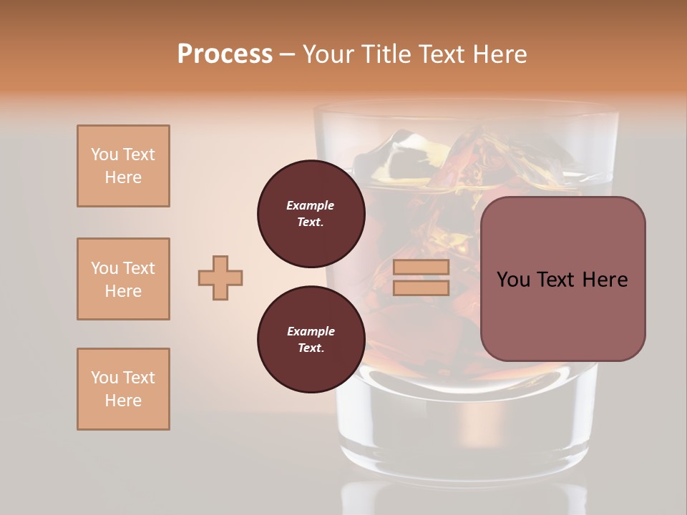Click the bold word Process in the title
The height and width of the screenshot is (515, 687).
tap(225, 54)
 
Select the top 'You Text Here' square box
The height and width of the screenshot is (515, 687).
tap(123, 166)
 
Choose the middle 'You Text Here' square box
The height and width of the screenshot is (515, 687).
tap(123, 279)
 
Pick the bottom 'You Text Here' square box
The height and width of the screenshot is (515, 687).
tap(123, 389)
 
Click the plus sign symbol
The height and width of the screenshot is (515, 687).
tap(220, 278)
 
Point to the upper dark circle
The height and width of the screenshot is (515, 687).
tap(311, 214)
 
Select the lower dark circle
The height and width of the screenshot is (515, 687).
tap(311, 339)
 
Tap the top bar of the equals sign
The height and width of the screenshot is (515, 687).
tap(422, 268)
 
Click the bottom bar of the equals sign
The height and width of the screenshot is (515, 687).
tap(422, 288)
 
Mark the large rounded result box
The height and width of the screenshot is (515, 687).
tap(562, 279)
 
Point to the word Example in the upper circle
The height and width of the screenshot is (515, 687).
tap(311, 205)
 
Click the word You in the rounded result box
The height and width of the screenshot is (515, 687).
tap(513, 280)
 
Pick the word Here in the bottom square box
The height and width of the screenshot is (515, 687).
tap(123, 401)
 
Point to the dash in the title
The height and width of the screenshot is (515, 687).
tap(288, 54)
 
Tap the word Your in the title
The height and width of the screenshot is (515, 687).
tap(328, 54)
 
